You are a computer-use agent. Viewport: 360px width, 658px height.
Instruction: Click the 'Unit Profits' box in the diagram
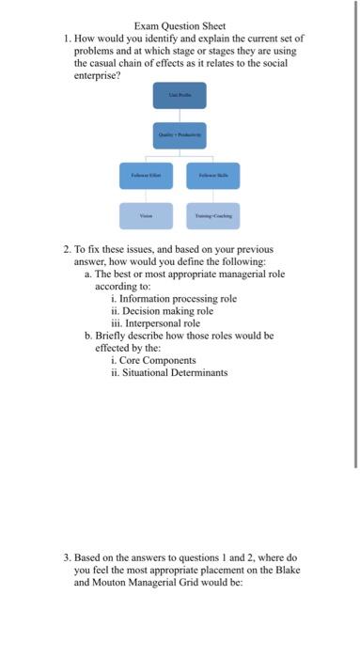tap(179, 95)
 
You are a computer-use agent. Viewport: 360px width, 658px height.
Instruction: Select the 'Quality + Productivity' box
tap(179, 134)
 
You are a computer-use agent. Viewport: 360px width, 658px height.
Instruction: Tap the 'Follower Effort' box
tap(146, 174)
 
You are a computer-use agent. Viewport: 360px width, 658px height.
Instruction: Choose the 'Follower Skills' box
tap(212, 174)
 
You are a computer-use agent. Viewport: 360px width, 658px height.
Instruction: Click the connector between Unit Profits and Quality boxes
tap(179, 115)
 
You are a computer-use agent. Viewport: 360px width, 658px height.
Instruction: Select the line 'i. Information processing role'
tap(173, 298)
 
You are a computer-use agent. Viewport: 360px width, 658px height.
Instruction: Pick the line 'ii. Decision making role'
tap(162, 310)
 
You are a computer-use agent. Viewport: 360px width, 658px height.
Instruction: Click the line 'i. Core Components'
tap(153, 359)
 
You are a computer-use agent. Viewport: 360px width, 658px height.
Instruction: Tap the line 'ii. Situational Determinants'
tap(168, 371)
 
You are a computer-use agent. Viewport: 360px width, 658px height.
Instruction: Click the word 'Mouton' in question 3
tap(110, 581)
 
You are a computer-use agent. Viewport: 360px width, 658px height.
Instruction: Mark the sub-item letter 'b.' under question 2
tap(87, 335)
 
